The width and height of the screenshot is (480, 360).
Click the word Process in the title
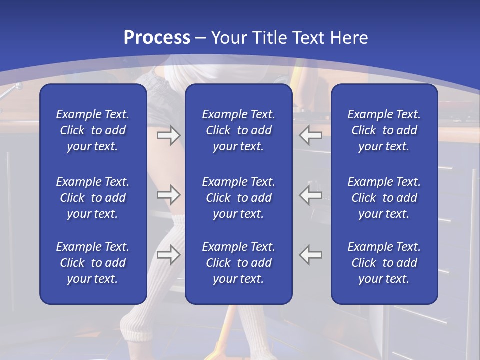pyautogui.click(x=157, y=37)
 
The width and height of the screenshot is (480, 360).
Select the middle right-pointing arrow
pyautogui.click(x=168, y=195)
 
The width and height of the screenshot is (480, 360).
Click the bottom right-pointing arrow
pyautogui.click(x=168, y=255)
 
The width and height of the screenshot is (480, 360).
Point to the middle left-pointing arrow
pyautogui.click(x=311, y=195)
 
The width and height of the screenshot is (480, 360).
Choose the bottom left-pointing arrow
pyautogui.click(x=311, y=255)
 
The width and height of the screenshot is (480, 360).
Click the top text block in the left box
pyautogui.click(x=93, y=130)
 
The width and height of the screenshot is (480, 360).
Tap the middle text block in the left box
pyautogui.click(x=93, y=198)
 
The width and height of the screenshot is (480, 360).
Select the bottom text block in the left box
pyautogui.click(x=93, y=263)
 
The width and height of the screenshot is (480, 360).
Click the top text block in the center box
pyautogui.click(x=238, y=130)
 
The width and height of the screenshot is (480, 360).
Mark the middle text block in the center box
pyautogui.click(x=238, y=198)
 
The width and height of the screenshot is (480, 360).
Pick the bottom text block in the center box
pyautogui.click(x=238, y=263)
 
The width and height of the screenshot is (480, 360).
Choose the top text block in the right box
pyautogui.click(x=384, y=130)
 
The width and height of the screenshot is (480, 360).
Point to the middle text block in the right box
pyautogui.click(x=384, y=198)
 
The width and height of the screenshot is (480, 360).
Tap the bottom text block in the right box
pyautogui.click(x=384, y=263)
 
